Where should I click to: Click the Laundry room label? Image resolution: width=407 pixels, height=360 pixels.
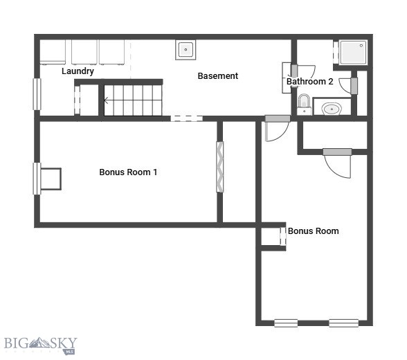pos(78,71)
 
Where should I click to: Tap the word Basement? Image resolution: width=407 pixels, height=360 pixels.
pos(218,76)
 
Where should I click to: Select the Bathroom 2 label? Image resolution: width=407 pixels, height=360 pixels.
pos(310,82)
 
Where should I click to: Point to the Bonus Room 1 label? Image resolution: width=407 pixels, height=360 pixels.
pos(128,172)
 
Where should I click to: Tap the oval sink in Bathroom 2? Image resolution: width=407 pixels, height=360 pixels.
pos(332,109)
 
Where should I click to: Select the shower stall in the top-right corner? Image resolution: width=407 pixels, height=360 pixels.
pos(353,52)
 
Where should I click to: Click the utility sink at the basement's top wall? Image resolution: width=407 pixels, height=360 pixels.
pos(186,50)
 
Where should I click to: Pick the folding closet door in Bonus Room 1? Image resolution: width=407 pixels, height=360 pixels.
pos(220,167)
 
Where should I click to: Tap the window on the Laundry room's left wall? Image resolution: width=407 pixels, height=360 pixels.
pos(37,93)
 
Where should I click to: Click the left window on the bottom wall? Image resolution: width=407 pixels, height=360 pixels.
pos(286,323)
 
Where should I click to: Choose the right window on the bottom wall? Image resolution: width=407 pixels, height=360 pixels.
pos(343,323)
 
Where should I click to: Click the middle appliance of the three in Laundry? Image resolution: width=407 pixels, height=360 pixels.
pos(84,52)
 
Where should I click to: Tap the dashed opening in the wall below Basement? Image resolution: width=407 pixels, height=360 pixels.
pos(187,118)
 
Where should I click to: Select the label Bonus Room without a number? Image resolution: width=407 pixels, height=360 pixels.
pos(314,231)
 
